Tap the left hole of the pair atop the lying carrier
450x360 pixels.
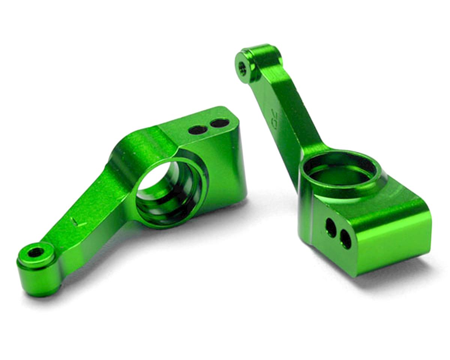pos(198,130)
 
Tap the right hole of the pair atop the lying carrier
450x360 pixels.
pos(219,123)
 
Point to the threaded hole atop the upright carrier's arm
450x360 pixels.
pos(243,68)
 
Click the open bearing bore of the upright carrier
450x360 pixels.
pos(339,171)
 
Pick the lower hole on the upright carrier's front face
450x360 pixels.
pos(345,239)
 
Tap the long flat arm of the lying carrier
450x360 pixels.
pos(90,210)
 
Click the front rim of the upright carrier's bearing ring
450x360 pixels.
pos(339,187)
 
